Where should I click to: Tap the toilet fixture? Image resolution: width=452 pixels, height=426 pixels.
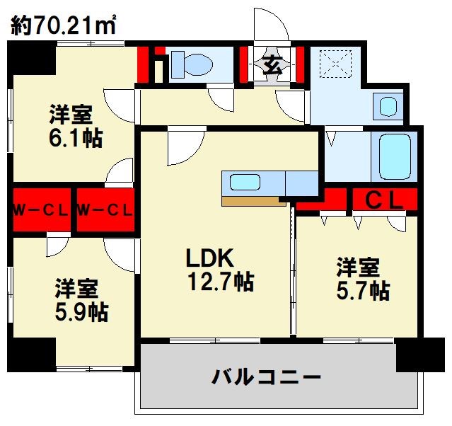click(192, 64)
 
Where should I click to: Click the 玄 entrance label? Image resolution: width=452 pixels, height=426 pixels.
click(272, 64)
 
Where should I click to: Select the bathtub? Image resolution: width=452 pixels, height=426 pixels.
click(398, 156)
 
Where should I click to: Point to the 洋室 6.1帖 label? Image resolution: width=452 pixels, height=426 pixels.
click(74, 125)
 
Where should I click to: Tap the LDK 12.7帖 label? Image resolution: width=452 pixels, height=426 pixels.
click(219, 270)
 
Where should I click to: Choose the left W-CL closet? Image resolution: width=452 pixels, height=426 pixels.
click(40, 209)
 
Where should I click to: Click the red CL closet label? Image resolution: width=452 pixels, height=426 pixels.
click(384, 200)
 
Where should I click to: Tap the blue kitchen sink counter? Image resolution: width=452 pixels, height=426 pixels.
click(253, 182)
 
